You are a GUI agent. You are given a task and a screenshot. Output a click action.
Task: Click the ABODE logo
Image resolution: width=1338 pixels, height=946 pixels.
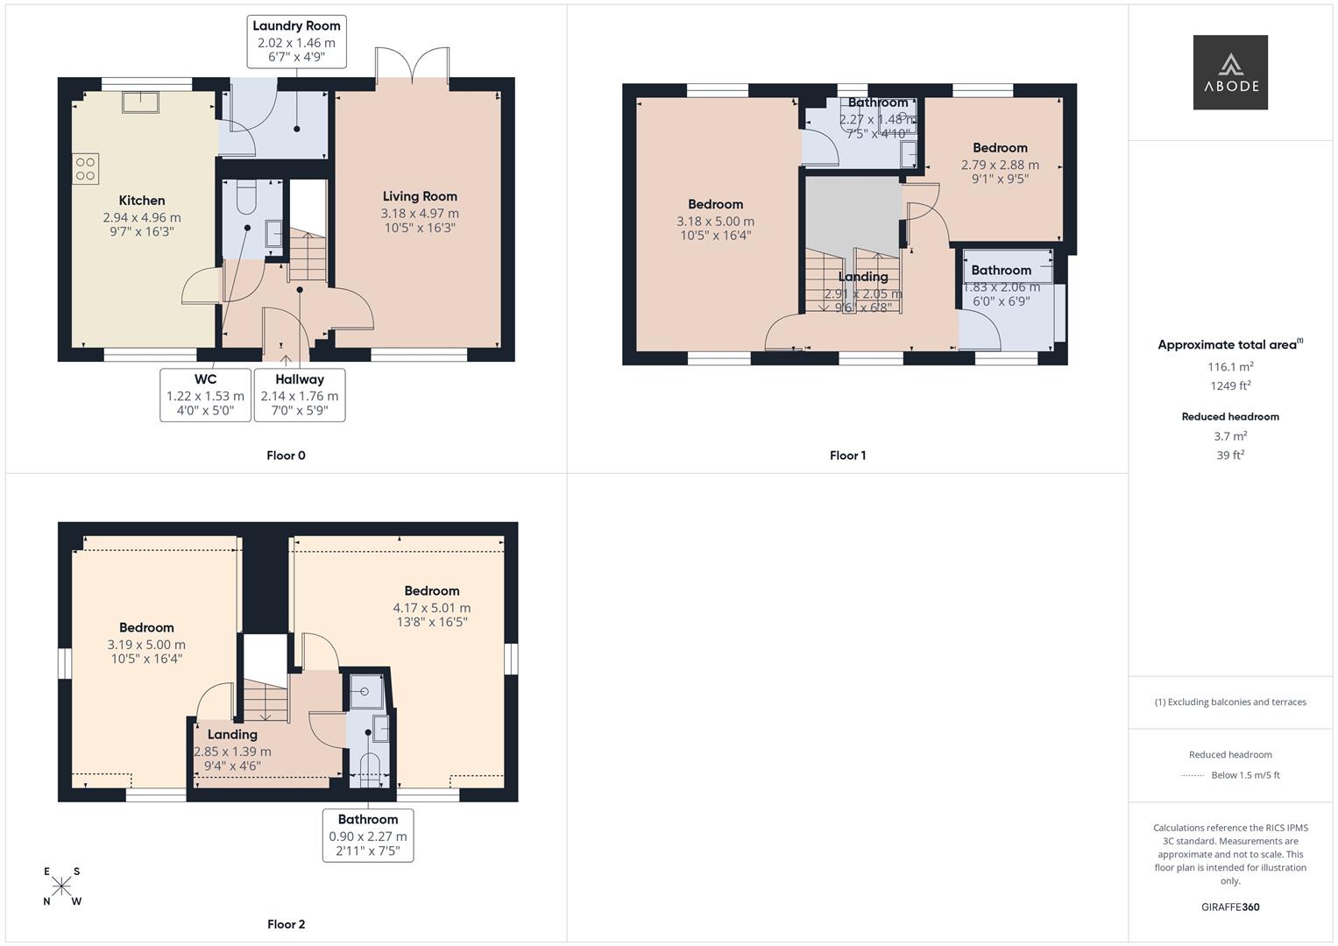(x=1229, y=73)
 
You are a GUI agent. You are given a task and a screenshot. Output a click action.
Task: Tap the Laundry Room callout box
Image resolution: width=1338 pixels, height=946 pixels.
(x=296, y=42)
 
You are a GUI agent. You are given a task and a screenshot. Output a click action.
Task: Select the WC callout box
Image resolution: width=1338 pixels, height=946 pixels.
(x=205, y=395)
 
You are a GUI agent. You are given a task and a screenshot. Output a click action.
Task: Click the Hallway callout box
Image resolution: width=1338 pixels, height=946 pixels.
(x=300, y=395)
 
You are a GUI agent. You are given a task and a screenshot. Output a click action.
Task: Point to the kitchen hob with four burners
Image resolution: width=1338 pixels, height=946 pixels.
(x=86, y=169)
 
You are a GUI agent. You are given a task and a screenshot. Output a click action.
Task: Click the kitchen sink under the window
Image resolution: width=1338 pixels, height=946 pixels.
(x=140, y=102)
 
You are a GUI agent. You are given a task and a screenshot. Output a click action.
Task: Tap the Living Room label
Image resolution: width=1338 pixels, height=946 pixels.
(x=420, y=196)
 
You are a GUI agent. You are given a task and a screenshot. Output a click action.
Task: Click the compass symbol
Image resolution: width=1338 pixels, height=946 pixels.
(x=61, y=886)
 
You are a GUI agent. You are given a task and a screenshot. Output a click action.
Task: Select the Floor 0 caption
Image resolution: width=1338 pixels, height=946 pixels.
(x=286, y=455)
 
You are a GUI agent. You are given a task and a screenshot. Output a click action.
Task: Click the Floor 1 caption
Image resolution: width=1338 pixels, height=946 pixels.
(x=847, y=455)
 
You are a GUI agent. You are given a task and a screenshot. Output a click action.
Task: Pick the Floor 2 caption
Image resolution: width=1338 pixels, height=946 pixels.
(x=286, y=924)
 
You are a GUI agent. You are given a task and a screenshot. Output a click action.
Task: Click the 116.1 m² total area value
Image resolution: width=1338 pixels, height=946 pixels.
(x=1229, y=367)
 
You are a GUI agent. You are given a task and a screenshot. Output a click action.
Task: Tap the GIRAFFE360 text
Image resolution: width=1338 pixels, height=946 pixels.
(x=1229, y=907)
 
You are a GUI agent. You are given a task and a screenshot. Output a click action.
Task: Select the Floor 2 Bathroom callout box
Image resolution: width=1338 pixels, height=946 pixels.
(x=368, y=835)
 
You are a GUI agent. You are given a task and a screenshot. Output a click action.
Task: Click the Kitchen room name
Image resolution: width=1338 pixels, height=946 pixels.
(x=142, y=201)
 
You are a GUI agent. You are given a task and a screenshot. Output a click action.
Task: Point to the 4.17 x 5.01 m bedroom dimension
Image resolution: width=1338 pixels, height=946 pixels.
(x=431, y=608)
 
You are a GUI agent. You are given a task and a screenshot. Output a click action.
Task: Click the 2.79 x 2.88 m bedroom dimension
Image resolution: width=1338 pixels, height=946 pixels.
(x=1000, y=165)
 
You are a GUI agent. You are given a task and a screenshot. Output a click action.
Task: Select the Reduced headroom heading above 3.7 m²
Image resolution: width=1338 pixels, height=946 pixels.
(x=1229, y=417)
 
